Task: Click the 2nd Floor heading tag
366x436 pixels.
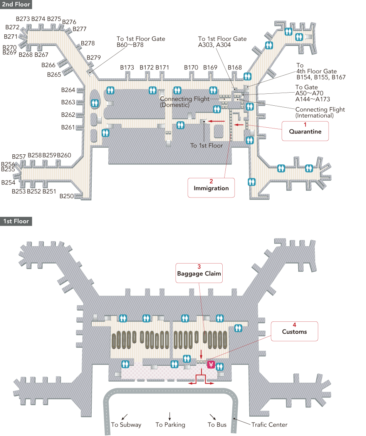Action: [x=16, y=5]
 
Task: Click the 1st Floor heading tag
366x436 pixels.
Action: [x=15, y=221]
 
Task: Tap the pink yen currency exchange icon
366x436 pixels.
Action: [x=211, y=364]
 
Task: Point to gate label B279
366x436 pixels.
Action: [x=94, y=58]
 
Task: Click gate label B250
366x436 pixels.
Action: [x=67, y=196]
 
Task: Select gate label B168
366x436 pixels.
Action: [x=235, y=68]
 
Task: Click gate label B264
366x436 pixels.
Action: [x=68, y=90]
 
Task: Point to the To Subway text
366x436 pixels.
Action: [x=126, y=425]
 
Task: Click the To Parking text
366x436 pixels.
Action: [x=170, y=425]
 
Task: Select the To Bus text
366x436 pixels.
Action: [x=217, y=425]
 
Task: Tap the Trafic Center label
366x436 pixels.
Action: [x=269, y=425]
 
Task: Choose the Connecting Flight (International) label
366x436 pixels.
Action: [x=320, y=112]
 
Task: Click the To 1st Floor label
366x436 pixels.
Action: [x=207, y=145]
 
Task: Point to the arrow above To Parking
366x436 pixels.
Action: [x=170, y=416]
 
